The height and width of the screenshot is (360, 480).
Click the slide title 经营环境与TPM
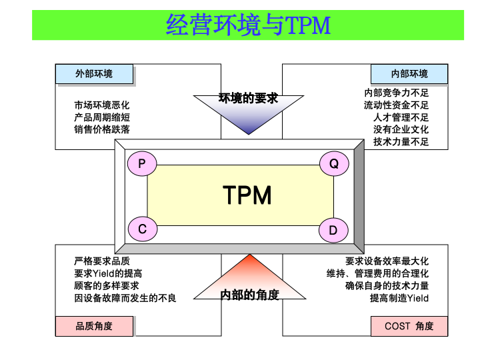247,25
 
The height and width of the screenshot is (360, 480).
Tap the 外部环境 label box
94,74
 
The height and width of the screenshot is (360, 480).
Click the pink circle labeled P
142,163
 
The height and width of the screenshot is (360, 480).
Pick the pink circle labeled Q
334,163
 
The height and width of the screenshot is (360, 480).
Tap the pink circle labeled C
142,229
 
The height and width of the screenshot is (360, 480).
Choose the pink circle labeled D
334,231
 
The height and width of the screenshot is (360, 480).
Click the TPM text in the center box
247,195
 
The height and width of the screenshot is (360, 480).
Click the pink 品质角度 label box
94,326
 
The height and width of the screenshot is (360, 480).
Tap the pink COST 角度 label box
409,326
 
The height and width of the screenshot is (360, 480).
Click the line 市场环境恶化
102,105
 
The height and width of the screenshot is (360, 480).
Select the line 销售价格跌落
102,129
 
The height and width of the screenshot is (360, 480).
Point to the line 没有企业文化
401,129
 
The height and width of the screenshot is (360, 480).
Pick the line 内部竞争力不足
396,93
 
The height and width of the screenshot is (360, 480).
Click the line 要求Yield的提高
108,273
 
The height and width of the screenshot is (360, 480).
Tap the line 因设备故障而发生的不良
125,297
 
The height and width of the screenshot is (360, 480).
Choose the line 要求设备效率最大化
387,261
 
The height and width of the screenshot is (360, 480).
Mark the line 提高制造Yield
399,297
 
